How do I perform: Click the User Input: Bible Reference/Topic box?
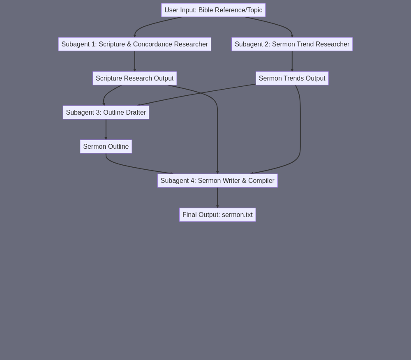click(x=213, y=10)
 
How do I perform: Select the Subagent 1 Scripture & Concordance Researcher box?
click(x=135, y=44)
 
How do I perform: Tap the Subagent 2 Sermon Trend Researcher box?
click(x=292, y=44)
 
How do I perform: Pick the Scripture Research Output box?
click(x=135, y=78)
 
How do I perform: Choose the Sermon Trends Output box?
click(x=292, y=78)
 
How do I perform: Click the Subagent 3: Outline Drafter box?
click(x=106, y=113)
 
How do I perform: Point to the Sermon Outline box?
click(x=106, y=146)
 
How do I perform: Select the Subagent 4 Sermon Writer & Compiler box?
click(x=217, y=180)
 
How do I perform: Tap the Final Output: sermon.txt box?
click(x=217, y=215)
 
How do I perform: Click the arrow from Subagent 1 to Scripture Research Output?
click(x=135, y=61)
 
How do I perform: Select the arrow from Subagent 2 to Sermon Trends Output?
click(x=292, y=61)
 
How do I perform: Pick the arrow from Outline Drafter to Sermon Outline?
click(x=106, y=129)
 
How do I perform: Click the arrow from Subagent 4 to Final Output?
click(x=217, y=198)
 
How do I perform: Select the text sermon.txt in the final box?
click(x=237, y=215)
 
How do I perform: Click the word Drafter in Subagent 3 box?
click(x=136, y=113)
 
